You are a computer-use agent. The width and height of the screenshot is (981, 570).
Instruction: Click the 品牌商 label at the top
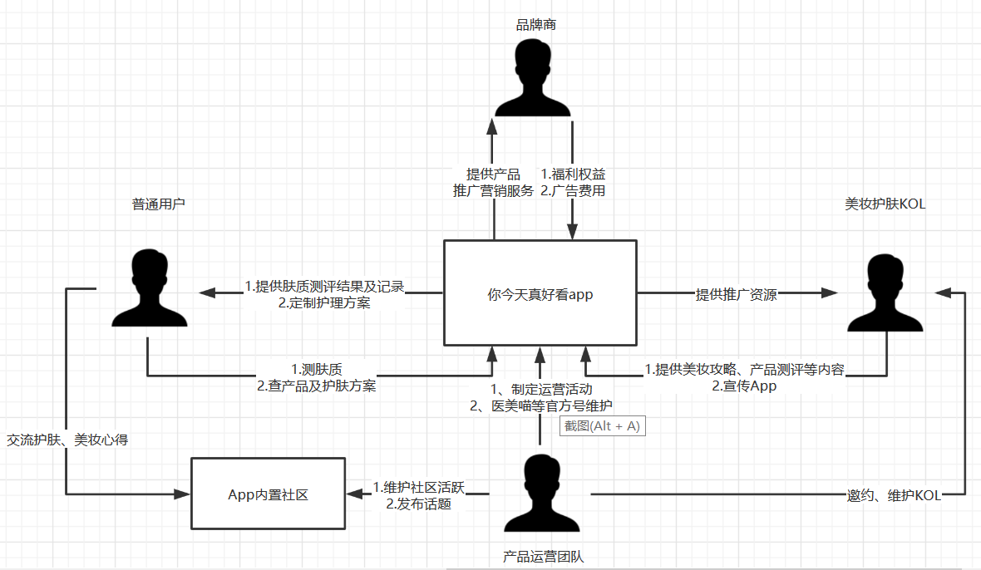tap(536, 25)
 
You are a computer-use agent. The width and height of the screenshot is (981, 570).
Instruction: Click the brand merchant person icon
tap(533, 78)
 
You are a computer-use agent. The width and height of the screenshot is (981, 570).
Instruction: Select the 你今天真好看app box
tap(540, 293)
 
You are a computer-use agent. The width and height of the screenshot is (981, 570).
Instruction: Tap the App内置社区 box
tap(268, 494)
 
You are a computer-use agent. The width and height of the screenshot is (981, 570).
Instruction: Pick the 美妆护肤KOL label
tap(885, 204)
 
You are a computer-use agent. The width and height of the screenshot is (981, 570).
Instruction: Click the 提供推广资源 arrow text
tap(736, 294)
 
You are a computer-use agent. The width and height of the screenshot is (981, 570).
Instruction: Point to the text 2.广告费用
tap(573, 190)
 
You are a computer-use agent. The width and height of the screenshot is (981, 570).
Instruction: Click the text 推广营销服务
tap(493, 190)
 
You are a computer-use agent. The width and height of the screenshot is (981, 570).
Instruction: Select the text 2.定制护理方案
tap(324, 302)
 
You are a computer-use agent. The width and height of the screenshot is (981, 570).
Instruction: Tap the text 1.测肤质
tap(317, 368)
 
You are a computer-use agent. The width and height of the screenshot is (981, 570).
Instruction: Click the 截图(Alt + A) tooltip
tap(604, 425)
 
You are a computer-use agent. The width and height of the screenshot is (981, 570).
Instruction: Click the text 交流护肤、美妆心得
tap(67, 440)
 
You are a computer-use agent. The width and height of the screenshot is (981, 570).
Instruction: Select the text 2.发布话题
tap(418, 504)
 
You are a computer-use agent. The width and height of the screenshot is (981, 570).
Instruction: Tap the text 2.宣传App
tap(744, 386)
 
